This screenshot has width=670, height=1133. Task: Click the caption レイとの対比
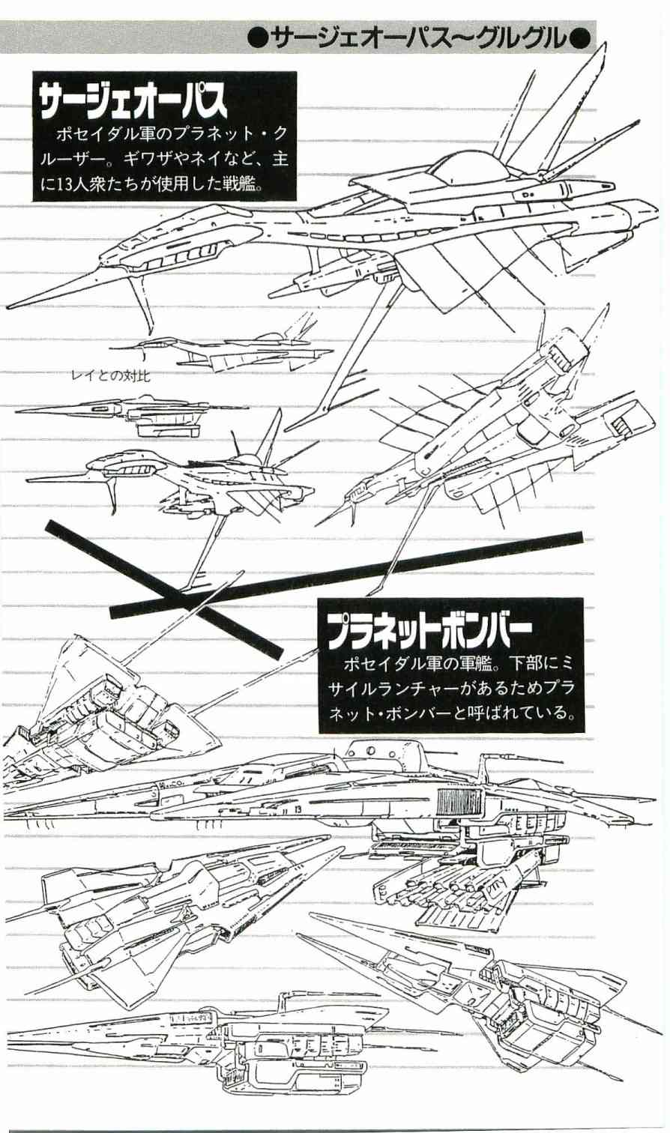coord(110,377)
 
